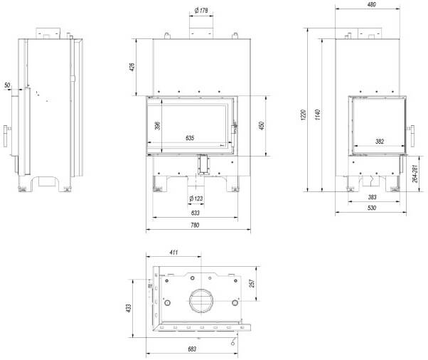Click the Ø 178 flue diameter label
[x=201, y=11]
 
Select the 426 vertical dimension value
[x=132, y=67]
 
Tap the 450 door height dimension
[x=262, y=126]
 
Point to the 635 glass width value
[x=190, y=138]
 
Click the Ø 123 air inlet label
[x=196, y=198]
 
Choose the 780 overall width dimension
[x=195, y=225]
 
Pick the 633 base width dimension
[x=196, y=213]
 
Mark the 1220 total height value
[x=304, y=115]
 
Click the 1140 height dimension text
[x=317, y=115]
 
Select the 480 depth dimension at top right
[x=372, y=4]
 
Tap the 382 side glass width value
[x=380, y=141]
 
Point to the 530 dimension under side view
[x=372, y=208]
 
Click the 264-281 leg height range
[x=415, y=174]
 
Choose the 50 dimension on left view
[x=7, y=85]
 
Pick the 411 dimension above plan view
[x=173, y=252]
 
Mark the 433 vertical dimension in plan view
[x=129, y=308]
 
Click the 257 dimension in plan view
[x=252, y=283]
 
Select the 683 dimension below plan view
[x=192, y=349]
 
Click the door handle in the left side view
[x=6, y=136]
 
